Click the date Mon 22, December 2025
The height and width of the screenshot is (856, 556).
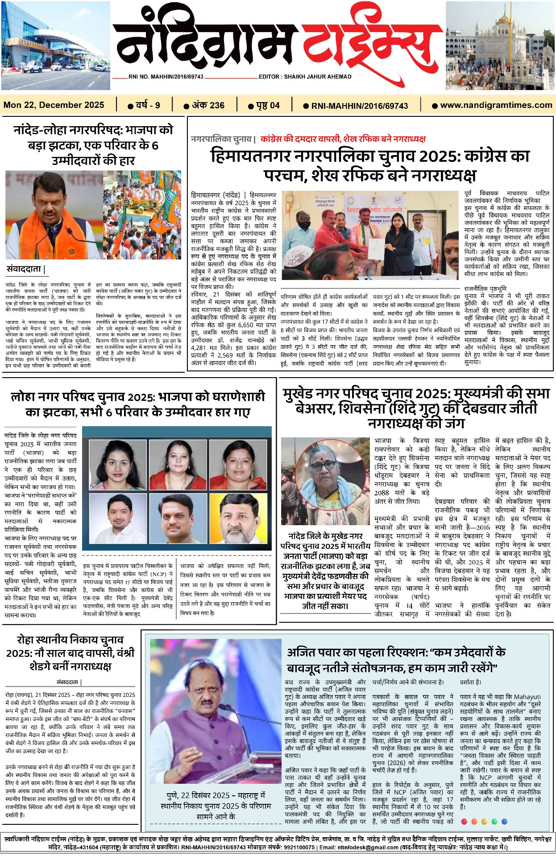54,105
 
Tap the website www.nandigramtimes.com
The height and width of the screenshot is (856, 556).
496,105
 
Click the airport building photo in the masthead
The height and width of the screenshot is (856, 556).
55,45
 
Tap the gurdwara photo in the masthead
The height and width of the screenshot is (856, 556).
500,45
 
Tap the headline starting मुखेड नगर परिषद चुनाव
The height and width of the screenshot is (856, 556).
416,408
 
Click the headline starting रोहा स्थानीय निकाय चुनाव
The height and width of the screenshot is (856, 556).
71,653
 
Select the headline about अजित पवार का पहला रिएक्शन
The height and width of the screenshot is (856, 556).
396,659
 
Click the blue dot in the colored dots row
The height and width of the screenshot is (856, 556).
505,821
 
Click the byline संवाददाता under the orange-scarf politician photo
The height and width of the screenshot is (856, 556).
25,269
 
